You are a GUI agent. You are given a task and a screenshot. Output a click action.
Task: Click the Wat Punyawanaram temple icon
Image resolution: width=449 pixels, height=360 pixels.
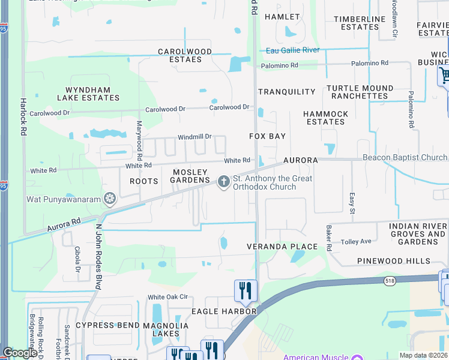109,198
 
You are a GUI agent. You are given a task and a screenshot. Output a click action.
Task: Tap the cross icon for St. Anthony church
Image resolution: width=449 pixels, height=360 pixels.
224,181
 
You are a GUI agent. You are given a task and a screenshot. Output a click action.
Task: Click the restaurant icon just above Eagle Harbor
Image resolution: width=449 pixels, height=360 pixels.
246,291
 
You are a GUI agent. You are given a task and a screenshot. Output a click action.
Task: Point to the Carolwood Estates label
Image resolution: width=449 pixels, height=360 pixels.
185,56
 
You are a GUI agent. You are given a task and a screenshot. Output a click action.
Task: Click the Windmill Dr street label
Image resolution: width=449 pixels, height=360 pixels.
194,137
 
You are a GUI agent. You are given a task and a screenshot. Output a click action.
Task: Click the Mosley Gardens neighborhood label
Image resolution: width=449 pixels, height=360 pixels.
191,176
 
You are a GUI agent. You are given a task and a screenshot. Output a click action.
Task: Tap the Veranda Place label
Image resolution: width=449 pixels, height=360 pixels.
282,247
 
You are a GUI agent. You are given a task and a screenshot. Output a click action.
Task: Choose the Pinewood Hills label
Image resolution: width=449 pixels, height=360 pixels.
394,261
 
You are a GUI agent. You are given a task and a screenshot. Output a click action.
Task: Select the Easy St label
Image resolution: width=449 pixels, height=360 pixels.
352,203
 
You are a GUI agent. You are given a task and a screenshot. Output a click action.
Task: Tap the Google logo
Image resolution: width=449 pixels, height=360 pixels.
20,353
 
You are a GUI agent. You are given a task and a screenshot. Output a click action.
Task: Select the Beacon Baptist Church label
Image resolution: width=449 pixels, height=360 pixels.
405,158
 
